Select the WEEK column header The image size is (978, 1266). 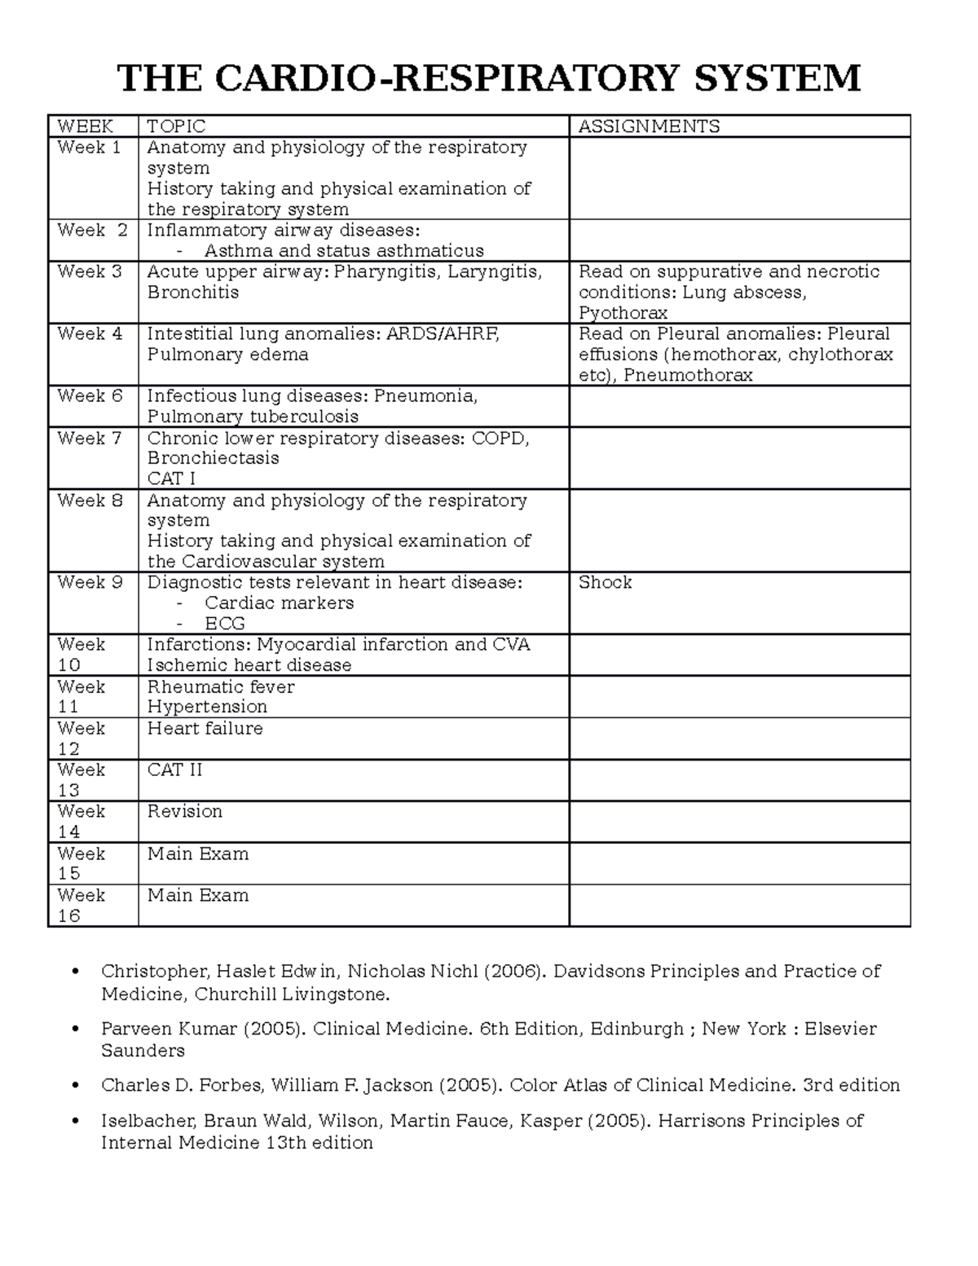(x=85, y=126)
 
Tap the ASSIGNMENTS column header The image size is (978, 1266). (x=649, y=126)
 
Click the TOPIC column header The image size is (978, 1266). (x=176, y=126)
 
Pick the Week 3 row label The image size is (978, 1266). (x=89, y=271)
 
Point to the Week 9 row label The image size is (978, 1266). (x=89, y=582)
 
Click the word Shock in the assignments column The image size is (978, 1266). (x=605, y=582)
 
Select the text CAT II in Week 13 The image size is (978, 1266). (x=174, y=770)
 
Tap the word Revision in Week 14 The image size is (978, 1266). (x=184, y=811)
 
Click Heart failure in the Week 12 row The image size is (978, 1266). (x=205, y=728)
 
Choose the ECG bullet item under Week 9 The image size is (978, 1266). (x=225, y=624)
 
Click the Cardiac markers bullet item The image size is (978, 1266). (x=279, y=603)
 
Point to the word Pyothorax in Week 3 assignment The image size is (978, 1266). (x=623, y=313)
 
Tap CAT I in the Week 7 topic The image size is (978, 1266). (x=171, y=479)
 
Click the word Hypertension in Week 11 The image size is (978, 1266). (x=207, y=707)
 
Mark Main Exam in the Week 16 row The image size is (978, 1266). (x=197, y=895)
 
